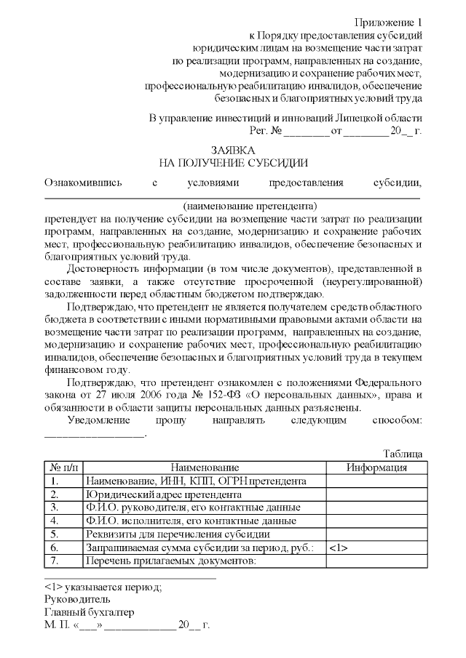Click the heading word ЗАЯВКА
pos(233,150)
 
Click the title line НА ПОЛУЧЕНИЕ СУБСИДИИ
pos(233,163)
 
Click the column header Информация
pos(376,468)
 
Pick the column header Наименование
pos(205,468)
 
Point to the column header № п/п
pos(63,468)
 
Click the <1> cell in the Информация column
pos(339,547)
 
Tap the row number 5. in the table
pos(55,534)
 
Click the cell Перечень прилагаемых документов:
pos(172,561)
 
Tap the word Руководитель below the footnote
pos(77,598)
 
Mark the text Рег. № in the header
pos(265,131)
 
